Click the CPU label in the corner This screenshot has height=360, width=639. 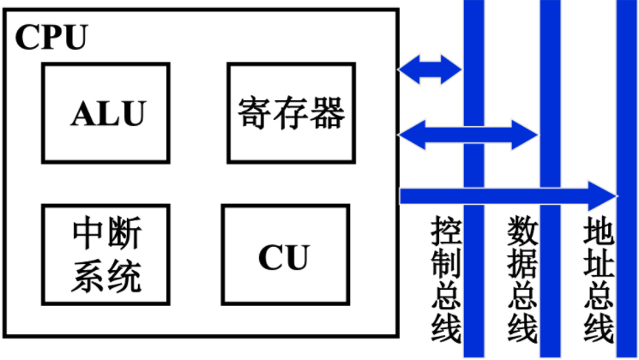click(51, 36)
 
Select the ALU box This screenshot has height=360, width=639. click(105, 112)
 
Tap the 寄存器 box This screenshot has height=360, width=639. click(290, 112)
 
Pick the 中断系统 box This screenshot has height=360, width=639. click(105, 253)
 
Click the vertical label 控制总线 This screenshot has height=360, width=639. click(446, 279)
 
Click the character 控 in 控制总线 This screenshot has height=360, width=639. click(446, 231)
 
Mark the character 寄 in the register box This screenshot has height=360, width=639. click(254, 112)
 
